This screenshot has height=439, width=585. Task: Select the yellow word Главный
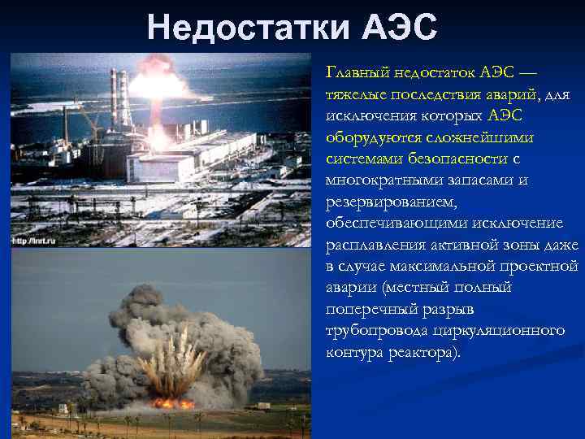[x=355, y=72]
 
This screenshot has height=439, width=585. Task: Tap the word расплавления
[x=375, y=245]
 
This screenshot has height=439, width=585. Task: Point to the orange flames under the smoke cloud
[x=172, y=402]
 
